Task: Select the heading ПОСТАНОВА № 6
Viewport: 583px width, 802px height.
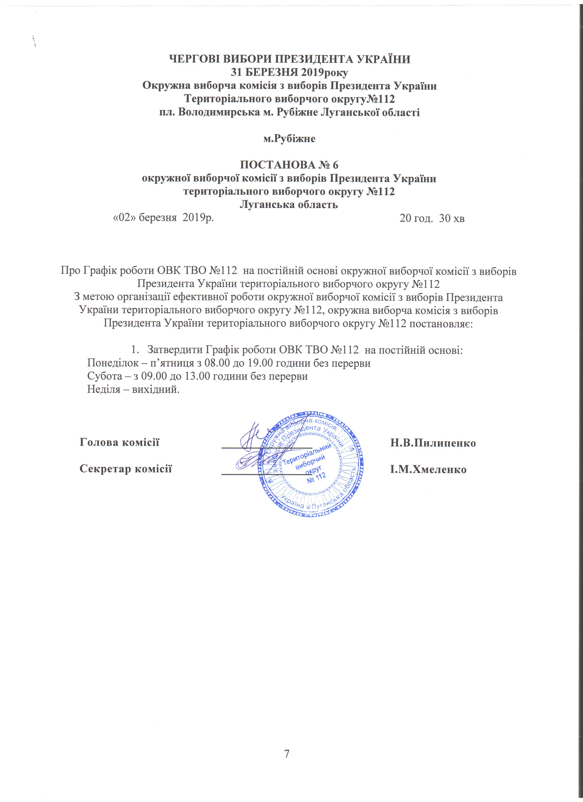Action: [289, 165]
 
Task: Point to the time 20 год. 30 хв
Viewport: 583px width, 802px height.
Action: [432, 219]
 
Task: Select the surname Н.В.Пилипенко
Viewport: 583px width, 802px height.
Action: [433, 443]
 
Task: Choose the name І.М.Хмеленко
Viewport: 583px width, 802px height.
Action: [428, 469]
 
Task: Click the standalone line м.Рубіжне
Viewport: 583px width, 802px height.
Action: [289, 139]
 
